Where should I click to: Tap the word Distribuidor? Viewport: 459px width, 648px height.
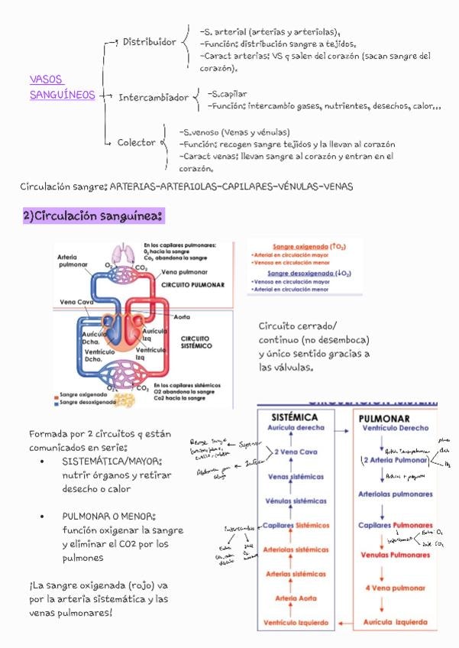pyautogui.click(x=150, y=42)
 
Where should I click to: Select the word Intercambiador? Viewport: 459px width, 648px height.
pyautogui.click(x=154, y=98)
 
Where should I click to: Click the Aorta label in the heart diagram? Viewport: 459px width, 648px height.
pyautogui.click(x=182, y=316)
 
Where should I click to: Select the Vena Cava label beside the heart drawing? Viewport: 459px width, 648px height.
pyautogui.click(x=76, y=302)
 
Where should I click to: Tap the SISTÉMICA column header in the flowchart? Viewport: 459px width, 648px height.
pyautogui.click(x=296, y=418)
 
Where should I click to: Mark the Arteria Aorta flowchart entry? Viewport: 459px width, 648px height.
pyautogui.click(x=296, y=598)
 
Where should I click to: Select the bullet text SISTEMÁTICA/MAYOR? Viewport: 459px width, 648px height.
pyautogui.click(x=113, y=462)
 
